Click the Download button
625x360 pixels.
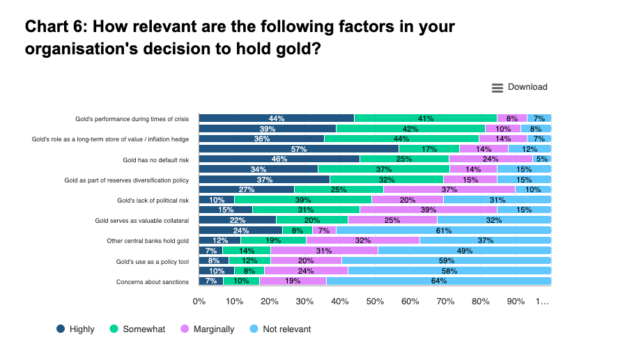tap(520, 87)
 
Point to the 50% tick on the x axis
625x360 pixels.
tap(375, 302)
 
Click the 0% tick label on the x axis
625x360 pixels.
tap(199, 302)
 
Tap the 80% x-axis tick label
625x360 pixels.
tap(481, 302)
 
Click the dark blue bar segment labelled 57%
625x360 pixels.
tap(299, 148)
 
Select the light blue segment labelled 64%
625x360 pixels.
tap(438, 281)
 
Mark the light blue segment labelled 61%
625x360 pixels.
tap(443, 230)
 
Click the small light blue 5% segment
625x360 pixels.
tap(542, 159)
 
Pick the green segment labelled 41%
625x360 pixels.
tap(425, 118)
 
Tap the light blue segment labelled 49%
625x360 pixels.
tap(464, 251)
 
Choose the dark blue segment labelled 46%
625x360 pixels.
tap(279, 159)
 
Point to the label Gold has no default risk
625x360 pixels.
tap(155, 159)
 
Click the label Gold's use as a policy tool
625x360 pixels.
tap(153, 261)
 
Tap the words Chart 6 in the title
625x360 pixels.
tap(54, 27)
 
